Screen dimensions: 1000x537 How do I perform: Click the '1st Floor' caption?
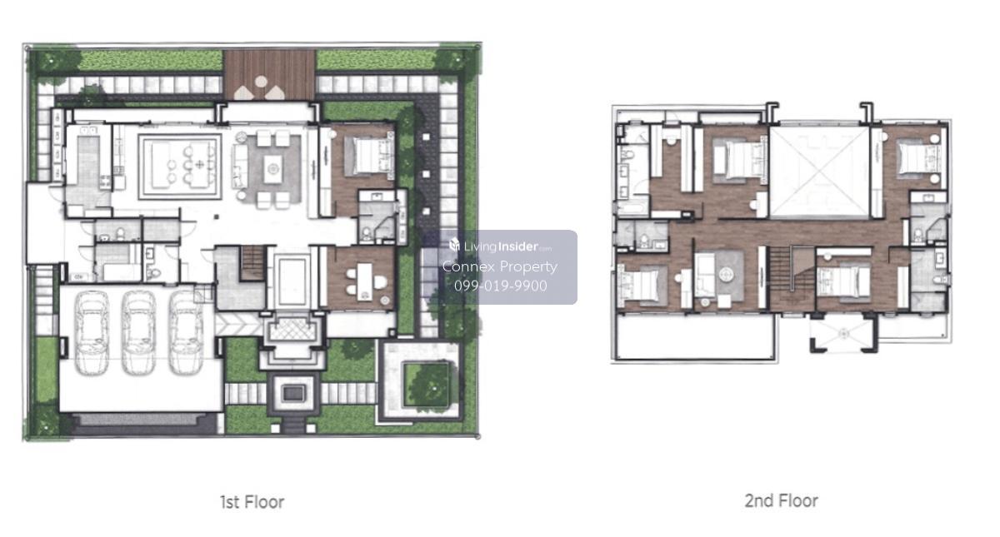tap(252, 502)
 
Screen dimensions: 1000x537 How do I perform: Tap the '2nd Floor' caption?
tap(782, 501)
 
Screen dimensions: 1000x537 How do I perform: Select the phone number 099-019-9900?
tap(501, 286)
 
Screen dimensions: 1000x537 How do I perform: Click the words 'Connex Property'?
tap(500, 266)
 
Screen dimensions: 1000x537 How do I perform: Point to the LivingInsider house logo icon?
tap(454, 245)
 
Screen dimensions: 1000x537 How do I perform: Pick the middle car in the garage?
tap(139, 333)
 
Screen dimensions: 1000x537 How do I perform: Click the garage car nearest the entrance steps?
tap(185, 333)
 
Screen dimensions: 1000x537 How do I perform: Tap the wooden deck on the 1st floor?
tap(269, 75)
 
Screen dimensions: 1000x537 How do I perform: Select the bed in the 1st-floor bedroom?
tap(372, 157)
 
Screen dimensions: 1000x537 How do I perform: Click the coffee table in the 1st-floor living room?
tap(272, 168)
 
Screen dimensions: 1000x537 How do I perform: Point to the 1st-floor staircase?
tap(253, 264)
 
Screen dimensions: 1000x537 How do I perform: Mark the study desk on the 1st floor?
tap(364, 282)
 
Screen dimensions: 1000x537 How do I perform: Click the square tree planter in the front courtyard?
tap(427, 385)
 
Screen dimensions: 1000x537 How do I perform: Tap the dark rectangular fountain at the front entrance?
tap(293, 393)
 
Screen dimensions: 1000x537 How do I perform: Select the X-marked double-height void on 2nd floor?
tap(818, 172)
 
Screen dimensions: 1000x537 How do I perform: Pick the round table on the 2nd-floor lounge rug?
tap(726, 274)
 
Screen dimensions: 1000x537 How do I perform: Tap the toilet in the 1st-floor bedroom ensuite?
tap(367, 233)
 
